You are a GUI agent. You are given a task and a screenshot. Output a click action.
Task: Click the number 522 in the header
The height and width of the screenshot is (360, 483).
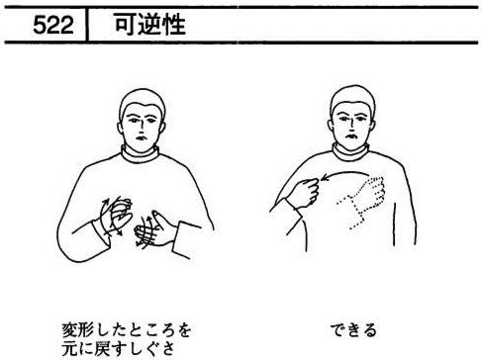(53, 25)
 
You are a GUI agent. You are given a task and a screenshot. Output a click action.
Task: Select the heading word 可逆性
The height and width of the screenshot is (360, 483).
(150, 24)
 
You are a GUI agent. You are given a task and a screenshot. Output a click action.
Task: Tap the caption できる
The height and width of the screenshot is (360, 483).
(353, 330)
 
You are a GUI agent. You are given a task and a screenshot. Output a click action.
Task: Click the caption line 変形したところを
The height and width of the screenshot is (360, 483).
(127, 330)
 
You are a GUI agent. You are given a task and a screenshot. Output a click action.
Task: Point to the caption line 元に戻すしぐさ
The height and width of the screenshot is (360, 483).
(118, 349)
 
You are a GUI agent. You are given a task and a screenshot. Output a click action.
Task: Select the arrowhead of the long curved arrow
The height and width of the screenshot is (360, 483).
(325, 178)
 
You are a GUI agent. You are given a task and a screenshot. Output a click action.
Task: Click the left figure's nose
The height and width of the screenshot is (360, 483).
(141, 126)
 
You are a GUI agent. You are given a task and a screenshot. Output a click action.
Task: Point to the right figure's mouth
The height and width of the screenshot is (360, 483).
(351, 135)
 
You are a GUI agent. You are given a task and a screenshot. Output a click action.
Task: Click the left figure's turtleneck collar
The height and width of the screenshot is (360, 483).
(140, 154)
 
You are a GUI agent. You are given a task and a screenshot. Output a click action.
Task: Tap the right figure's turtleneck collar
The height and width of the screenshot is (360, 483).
(350, 152)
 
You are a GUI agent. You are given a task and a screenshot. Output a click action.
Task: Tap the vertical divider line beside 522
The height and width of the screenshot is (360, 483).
(87, 25)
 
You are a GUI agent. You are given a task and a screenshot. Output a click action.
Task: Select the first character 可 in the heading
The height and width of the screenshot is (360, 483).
(126, 24)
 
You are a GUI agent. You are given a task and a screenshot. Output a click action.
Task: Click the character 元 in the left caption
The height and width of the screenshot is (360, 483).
(69, 349)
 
